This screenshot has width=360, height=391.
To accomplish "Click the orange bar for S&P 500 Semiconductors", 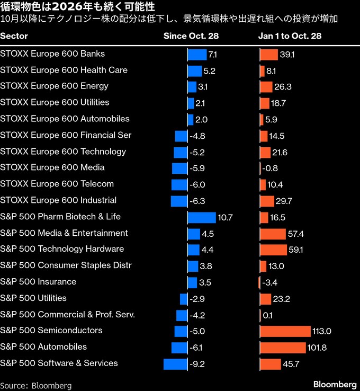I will coord(285,331).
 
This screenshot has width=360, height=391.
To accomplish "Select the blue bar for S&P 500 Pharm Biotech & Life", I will coord(202,217).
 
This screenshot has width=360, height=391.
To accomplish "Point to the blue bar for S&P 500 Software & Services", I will coord(176,364).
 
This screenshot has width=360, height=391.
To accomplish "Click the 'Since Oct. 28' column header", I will coord(191,36).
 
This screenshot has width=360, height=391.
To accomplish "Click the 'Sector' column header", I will coord(14,36).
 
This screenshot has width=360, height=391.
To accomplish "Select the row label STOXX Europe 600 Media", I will coord(52,167).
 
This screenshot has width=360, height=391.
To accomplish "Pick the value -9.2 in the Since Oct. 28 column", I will coord(197,364).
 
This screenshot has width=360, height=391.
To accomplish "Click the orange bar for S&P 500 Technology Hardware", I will coord(273,250).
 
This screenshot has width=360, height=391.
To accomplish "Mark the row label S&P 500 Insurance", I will coord(38,282).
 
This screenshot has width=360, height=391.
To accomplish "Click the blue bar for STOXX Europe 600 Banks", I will coord(197,55).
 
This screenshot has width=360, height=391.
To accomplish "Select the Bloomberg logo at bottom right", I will coord(335,384).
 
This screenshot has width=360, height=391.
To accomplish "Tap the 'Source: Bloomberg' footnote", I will coord(36,385).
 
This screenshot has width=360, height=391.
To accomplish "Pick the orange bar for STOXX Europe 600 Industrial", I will coord(267,201).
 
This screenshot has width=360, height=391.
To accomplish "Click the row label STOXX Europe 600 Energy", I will coord(54,86).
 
